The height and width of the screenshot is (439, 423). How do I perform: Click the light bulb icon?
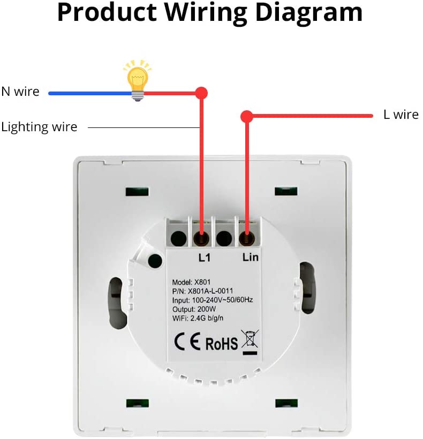[137, 80]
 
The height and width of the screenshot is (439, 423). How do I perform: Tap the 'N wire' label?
[20, 92]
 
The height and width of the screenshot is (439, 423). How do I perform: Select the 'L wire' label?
[401, 115]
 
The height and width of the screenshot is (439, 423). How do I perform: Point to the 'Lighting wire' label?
[39, 127]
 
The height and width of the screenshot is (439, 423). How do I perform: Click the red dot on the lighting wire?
[201, 93]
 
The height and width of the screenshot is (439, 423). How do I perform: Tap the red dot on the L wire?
[246, 115]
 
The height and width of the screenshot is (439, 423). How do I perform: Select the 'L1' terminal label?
[205, 258]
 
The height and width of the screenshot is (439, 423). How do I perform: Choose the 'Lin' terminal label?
[250, 258]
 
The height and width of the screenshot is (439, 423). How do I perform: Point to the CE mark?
[187, 341]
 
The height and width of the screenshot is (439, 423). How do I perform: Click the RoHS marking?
[221, 343]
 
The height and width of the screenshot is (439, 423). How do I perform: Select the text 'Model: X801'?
[193, 282]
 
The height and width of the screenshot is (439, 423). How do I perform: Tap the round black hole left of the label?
[155, 261]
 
